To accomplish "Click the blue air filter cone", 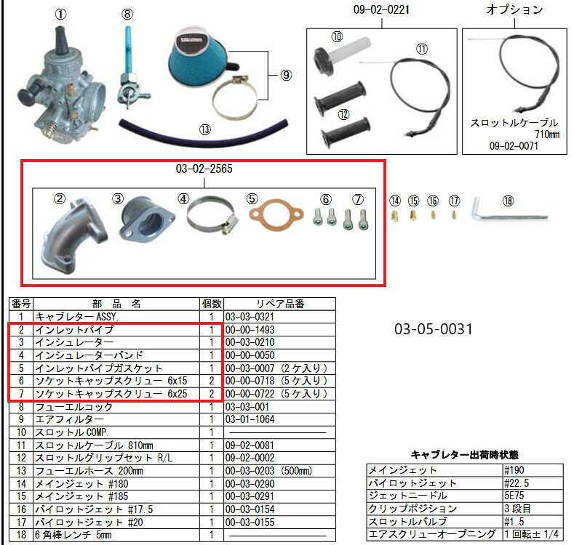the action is [199, 55].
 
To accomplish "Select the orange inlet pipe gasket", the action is [276, 214].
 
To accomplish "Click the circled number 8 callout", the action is [127, 15].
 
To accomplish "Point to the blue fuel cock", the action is [131, 69].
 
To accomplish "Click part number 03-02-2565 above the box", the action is [204, 169].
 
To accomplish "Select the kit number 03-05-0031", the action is [434, 329].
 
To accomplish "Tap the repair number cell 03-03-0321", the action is [250, 317].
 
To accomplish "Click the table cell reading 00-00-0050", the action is [250, 355].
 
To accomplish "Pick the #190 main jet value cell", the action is [514, 470].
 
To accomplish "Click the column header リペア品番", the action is [280, 304].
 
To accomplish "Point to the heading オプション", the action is [514, 9].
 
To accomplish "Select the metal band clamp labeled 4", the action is [212, 215].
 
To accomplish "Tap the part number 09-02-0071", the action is [514, 146].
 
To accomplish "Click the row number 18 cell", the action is [21, 535].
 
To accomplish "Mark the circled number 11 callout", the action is [422, 49].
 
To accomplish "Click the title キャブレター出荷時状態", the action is [465, 455].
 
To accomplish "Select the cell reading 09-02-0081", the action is [250, 445].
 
